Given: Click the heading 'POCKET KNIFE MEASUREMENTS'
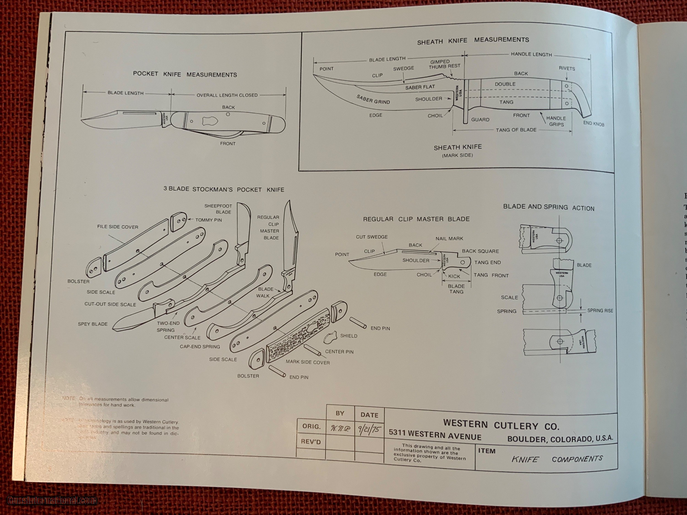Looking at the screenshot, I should (x=185, y=74).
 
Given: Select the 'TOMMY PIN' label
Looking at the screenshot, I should (x=208, y=220).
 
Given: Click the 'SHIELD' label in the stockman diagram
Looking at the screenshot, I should (x=349, y=336).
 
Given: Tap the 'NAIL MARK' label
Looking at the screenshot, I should (x=449, y=239).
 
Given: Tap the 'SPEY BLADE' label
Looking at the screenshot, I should (x=93, y=324).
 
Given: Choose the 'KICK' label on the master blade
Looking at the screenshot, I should (x=454, y=276).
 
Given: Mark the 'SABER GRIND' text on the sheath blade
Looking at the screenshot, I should (x=373, y=100).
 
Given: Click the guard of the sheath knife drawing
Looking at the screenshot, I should (x=465, y=103).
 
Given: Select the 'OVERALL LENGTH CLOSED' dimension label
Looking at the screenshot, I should (x=227, y=95).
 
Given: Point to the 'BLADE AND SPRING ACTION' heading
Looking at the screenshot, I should (x=548, y=207).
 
